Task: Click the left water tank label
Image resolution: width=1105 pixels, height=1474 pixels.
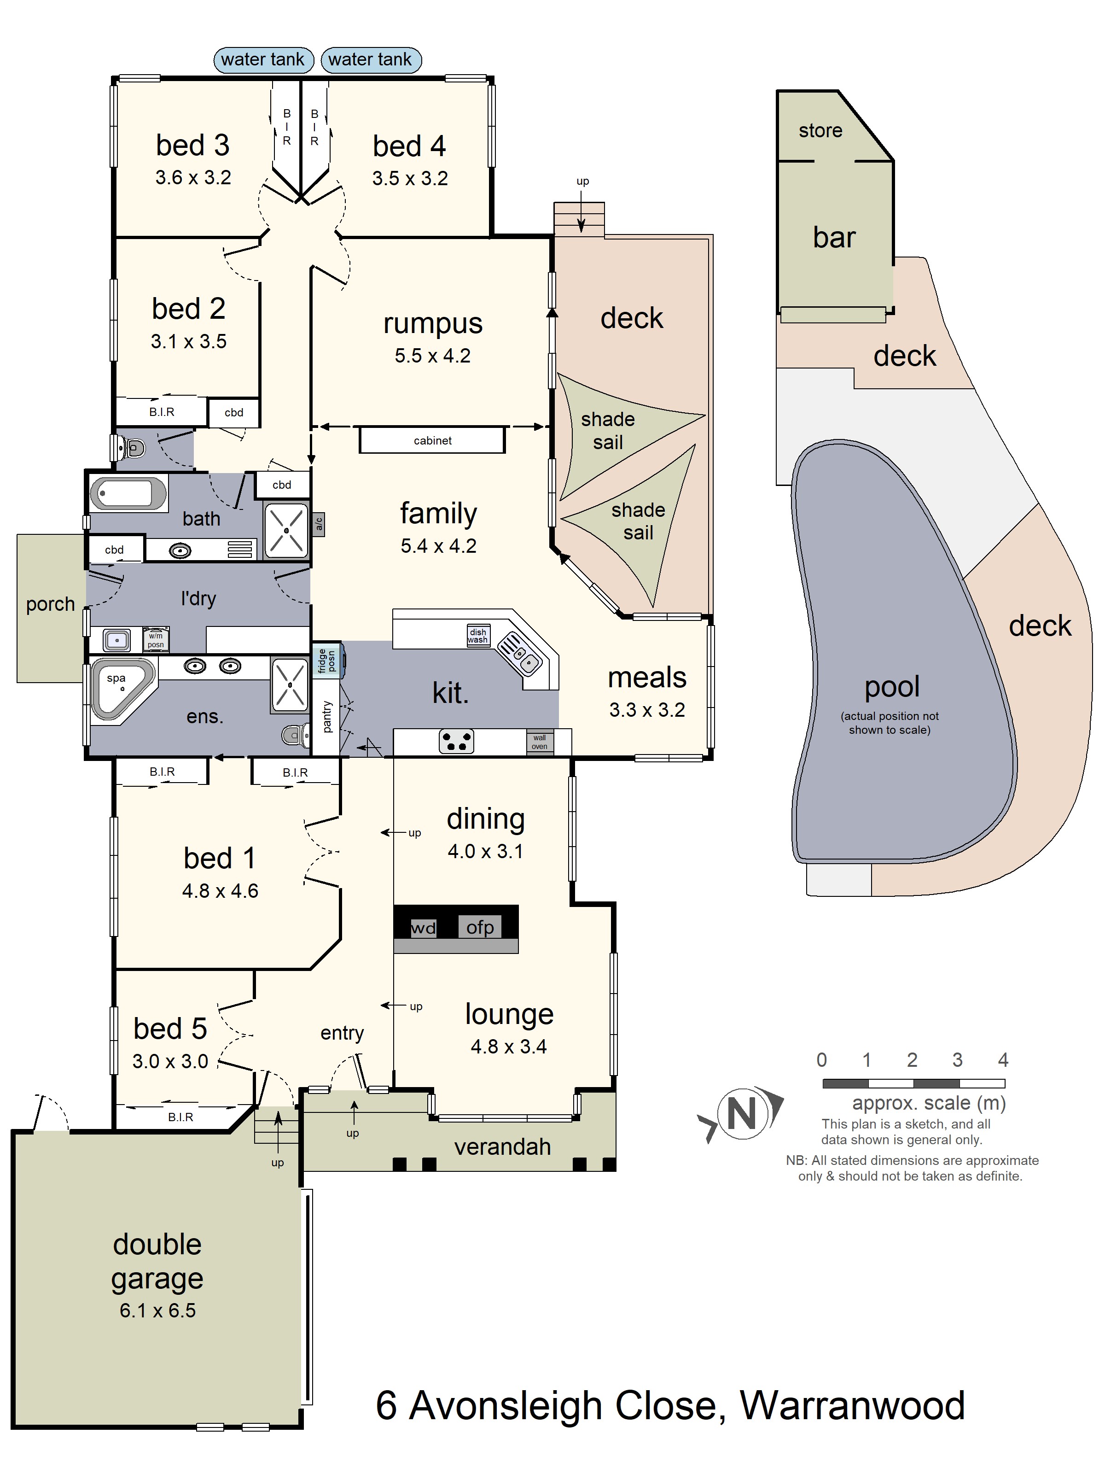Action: [x=262, y=59]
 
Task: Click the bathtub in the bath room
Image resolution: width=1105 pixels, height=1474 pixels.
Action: [x=128, y=494]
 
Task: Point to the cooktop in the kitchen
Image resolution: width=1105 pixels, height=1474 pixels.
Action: [x=456, y=741]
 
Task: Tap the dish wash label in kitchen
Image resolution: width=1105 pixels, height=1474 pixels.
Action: [x=477, y=636]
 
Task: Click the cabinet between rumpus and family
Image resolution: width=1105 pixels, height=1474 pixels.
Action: [x=432, y=440]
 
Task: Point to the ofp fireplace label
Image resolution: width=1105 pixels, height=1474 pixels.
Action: [x=480, y=927]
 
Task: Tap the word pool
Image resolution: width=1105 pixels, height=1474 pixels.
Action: [x=892, y=687]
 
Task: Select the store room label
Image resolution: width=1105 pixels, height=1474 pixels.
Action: [x=820, y=131]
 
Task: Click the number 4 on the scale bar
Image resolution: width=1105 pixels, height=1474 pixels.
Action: [x=1002, y=1059]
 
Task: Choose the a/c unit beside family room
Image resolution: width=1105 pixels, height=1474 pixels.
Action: [x=319, y=524]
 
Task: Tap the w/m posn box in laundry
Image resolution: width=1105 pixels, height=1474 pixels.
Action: [x=156, y=640]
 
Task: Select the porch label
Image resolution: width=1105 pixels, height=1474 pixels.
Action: [x=50, y=604]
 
